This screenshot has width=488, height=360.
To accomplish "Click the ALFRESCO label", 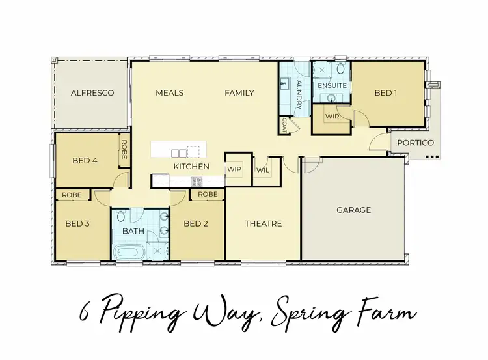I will (92, 93).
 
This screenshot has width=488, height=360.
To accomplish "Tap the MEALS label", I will (169, 93).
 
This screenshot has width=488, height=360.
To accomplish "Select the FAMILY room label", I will (239, 93).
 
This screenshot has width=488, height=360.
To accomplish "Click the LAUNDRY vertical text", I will (299, 93).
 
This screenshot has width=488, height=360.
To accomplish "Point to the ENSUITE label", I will (331, 86).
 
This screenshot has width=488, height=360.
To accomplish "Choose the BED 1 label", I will (386, 93).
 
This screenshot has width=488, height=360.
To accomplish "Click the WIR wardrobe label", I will (332, 117).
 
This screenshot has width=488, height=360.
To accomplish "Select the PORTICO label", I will (416, 143).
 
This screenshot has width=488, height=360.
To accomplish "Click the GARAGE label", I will (353, 210).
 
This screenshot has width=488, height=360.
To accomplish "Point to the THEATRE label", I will (263, 224).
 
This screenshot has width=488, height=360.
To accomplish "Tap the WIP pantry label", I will (234, 169).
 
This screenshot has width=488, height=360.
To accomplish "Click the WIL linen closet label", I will (263, 169).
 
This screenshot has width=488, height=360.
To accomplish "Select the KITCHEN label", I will (191, 167).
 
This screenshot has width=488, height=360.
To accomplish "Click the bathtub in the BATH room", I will (131, 252).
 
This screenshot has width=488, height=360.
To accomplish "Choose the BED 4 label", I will (85, 160).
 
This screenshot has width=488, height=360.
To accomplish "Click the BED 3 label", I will (78, 224).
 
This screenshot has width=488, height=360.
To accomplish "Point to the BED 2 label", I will (196, 224).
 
